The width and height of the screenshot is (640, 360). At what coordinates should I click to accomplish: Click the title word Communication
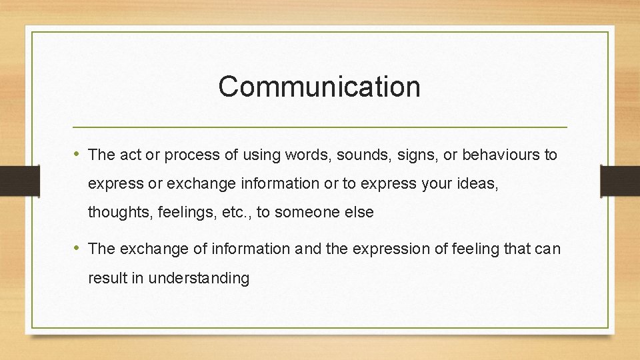[319, 87]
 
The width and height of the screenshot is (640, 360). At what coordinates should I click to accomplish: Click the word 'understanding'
[199, 278]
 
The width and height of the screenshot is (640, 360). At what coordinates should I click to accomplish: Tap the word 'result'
[107, 278]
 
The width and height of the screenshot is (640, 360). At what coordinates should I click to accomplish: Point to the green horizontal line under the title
[319, 127]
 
